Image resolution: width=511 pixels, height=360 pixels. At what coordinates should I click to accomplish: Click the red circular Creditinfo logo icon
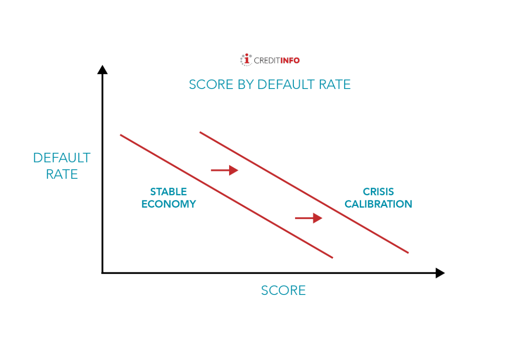(x=246, y=60)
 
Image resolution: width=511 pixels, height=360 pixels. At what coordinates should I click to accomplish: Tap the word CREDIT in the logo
(x=267, y=61)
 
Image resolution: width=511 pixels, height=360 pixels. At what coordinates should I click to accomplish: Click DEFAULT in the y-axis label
(x=62, y=158)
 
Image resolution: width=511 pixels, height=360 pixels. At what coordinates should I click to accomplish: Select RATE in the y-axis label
(x=62, y=174)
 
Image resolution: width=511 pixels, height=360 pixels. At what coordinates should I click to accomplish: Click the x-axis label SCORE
(x=283, y=291)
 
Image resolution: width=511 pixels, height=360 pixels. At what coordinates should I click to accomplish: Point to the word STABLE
(x=169, y=192)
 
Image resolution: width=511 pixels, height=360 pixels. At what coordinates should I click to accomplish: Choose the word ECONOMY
(x=169, y=204)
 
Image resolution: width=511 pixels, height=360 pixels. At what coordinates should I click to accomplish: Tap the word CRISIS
(x=378, y=192)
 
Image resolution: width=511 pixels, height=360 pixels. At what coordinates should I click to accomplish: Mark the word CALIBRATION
(x=378, y=204)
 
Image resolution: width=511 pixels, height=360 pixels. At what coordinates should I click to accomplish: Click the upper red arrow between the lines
(x=225, y=170)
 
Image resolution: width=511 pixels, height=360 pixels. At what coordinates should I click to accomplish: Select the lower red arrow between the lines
(x=309, y=218)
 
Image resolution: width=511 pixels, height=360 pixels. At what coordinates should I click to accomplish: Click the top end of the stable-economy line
(x=121, y=135)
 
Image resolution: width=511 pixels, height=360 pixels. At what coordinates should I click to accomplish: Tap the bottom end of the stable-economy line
(x=332, y=257)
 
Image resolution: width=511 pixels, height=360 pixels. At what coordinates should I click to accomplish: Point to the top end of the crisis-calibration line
(x=200, y=132)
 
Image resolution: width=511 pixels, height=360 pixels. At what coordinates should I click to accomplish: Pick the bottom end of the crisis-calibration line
(x=408, y=253)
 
